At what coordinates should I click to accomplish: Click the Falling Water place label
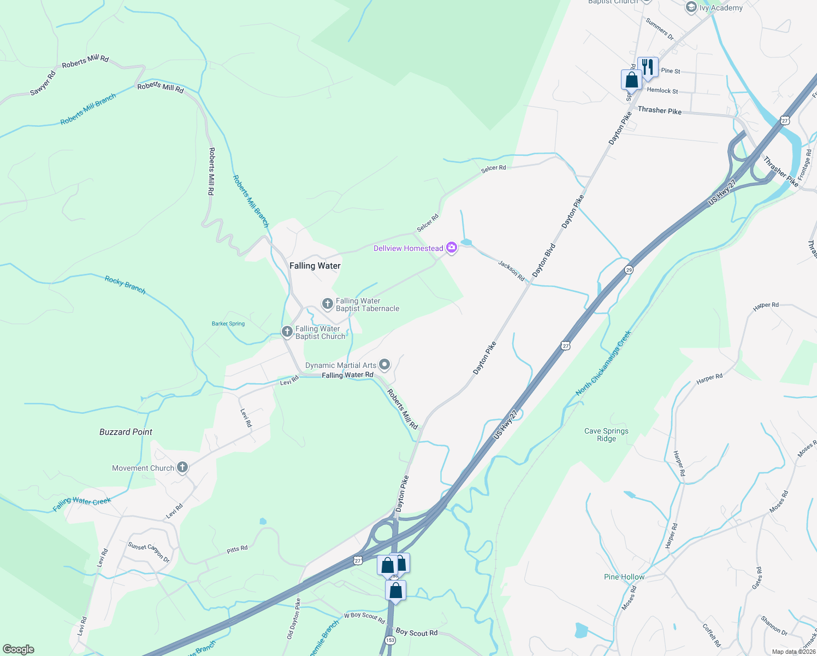(315, 266)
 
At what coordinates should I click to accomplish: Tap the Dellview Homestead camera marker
(452, 248)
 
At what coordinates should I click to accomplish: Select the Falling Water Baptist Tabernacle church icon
(328, 304)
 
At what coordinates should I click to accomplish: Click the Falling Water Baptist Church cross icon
(287, 332)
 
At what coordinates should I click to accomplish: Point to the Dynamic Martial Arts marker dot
(384, 365)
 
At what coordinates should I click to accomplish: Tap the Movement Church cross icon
(182, 467)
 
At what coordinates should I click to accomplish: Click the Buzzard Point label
(126, 432)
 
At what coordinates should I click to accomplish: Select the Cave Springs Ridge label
(606, 435)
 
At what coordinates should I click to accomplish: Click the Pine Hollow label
(624, 577)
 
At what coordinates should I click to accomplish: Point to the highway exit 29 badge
(629, 270)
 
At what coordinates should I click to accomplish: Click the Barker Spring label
(228, 324)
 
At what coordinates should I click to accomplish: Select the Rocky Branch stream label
(126, 285)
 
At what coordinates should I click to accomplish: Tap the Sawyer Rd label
(43, 84)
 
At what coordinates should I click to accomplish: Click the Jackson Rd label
(511, 271)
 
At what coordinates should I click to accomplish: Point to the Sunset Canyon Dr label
(149, 552)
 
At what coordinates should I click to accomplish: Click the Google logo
(18, 649)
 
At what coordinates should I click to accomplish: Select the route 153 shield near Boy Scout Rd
(390, 640)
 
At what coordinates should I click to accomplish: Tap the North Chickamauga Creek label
(603, 363)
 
